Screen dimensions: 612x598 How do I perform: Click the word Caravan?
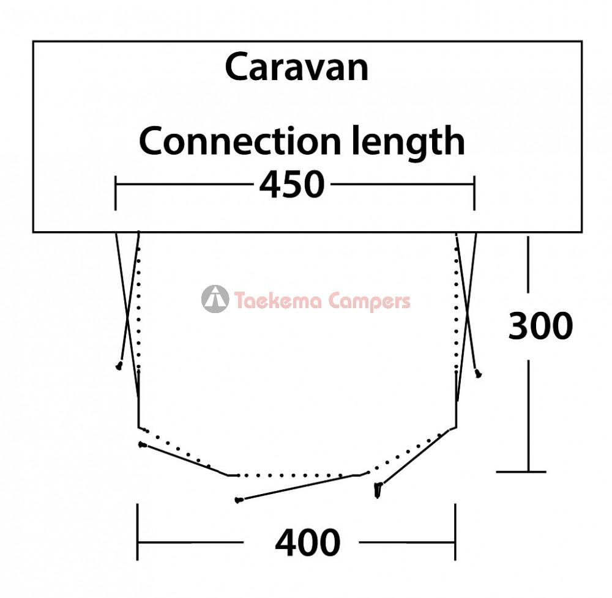[x=297, y=67]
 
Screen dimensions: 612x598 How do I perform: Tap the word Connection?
[x=240, y=141]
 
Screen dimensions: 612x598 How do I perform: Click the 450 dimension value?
[x=292, y=184]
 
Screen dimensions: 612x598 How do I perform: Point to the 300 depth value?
[x=540, y=326]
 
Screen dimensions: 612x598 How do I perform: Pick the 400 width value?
[x=308, y=542]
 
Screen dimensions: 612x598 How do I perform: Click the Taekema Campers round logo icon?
[x=215, y=299]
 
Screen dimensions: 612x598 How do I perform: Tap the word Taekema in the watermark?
[x=278, y=301]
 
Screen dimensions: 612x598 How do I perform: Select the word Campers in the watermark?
[x=369, y=301]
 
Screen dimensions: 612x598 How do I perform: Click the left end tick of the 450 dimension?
[x=116, y=193]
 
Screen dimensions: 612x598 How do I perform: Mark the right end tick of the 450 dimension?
[x=474, y=193]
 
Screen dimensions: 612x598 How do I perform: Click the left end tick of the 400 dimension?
[x=137, y=532]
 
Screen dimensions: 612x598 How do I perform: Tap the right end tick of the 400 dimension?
[x=455, y=532]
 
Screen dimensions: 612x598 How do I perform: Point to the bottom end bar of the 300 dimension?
[x=521, y=471]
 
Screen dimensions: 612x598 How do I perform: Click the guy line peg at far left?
[x=119, y=366]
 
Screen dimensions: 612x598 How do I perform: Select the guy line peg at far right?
[x=478, y=374]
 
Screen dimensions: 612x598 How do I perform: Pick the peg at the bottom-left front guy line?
[x=239, y=500]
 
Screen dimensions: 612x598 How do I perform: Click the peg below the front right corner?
[x=378, y=490]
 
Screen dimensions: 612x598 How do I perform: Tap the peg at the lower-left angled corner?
[x=143, y=445]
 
